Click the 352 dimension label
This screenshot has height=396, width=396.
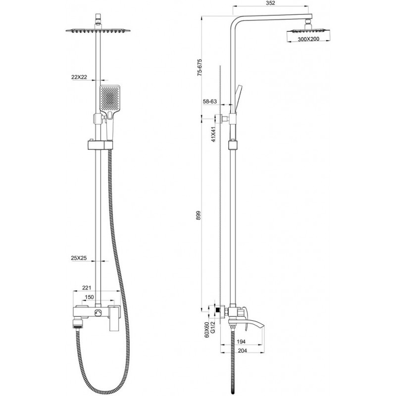pos(270,3)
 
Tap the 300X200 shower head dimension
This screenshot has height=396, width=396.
pos(308,39)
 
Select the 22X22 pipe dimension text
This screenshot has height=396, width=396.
pos(79,77)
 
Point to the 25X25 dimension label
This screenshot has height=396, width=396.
pos(79,258)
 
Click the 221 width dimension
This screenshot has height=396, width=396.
pos(87,288)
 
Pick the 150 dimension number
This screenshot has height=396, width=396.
pos(89,297)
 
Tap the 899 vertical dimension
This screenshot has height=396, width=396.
pos(199,215)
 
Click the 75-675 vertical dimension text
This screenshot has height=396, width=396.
pos(200,67)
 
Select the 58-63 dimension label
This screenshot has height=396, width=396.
pos(210,101)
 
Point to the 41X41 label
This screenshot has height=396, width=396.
pos(214,134)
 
